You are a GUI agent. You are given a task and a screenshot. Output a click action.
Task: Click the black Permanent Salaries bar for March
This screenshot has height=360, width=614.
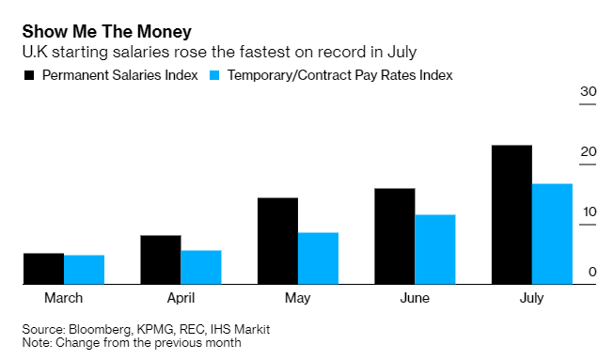pos(43,268)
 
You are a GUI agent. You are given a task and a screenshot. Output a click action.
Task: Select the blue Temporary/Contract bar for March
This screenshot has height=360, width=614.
pos(84,269)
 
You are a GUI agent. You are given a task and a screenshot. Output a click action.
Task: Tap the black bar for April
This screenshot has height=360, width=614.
pos(161,259)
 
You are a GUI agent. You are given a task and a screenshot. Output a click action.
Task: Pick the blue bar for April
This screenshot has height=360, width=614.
pos(200,267)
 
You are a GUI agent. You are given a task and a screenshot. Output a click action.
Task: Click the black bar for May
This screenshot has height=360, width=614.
pos(277,241)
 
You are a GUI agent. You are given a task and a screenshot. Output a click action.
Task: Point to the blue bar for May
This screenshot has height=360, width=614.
pos(318,258)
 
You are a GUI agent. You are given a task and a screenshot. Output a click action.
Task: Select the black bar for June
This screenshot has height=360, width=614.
pos(395,236)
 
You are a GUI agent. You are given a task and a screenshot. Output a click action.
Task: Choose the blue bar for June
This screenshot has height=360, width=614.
pos(434,249)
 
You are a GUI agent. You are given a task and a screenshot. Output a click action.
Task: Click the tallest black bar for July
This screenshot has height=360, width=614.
pos(512,214)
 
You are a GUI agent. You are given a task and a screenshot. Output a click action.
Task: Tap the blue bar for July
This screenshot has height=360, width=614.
pos(552,233)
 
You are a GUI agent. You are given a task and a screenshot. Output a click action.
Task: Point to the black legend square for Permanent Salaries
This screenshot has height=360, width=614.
pos(29,74)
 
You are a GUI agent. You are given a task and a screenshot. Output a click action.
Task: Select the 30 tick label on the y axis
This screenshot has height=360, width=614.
pos(589,91)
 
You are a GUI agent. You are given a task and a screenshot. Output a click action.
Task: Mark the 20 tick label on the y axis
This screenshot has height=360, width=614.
pos(589,151)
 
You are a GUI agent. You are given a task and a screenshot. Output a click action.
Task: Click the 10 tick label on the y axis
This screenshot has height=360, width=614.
pos(589,211)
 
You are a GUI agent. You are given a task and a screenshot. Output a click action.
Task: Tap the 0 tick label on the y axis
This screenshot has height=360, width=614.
pos(592,272)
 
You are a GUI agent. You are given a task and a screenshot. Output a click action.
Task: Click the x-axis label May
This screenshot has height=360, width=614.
pos(297,298)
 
